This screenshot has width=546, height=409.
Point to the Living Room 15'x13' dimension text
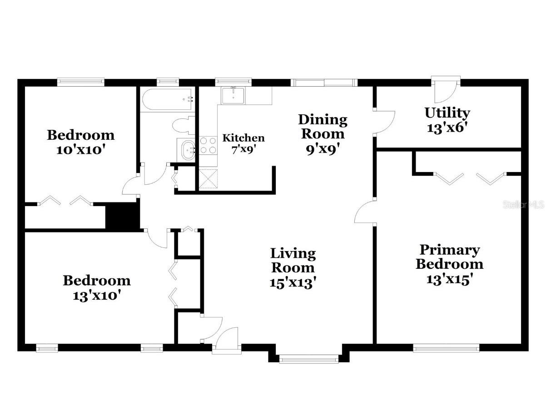point(293,282)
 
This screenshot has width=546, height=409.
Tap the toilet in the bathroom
point(184,124)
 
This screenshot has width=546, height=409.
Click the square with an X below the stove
point(208,177)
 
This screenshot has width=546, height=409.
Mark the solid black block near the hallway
point(122,217)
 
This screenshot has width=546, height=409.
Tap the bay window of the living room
point(309,360)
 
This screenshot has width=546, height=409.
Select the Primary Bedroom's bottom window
point(446,348)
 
